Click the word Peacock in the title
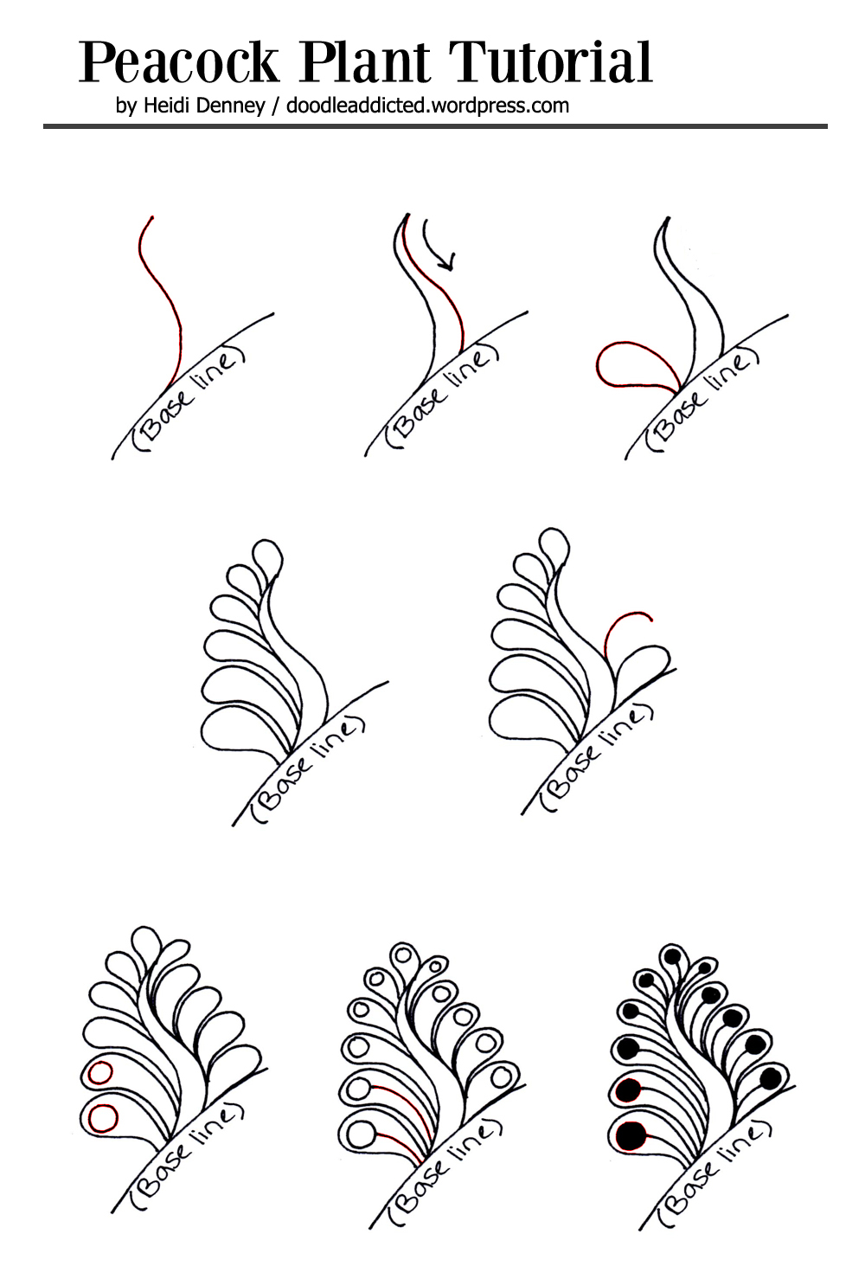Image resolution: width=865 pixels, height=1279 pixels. (179, 63)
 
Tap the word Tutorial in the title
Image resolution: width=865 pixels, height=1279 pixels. (550, 63)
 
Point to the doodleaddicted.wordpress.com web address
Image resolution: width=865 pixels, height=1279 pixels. (427, 106)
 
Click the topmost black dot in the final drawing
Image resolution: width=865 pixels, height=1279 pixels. (670, 956)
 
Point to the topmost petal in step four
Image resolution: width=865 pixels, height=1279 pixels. (266, 555)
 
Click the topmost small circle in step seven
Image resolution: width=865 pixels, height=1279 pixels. (402, 955)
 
